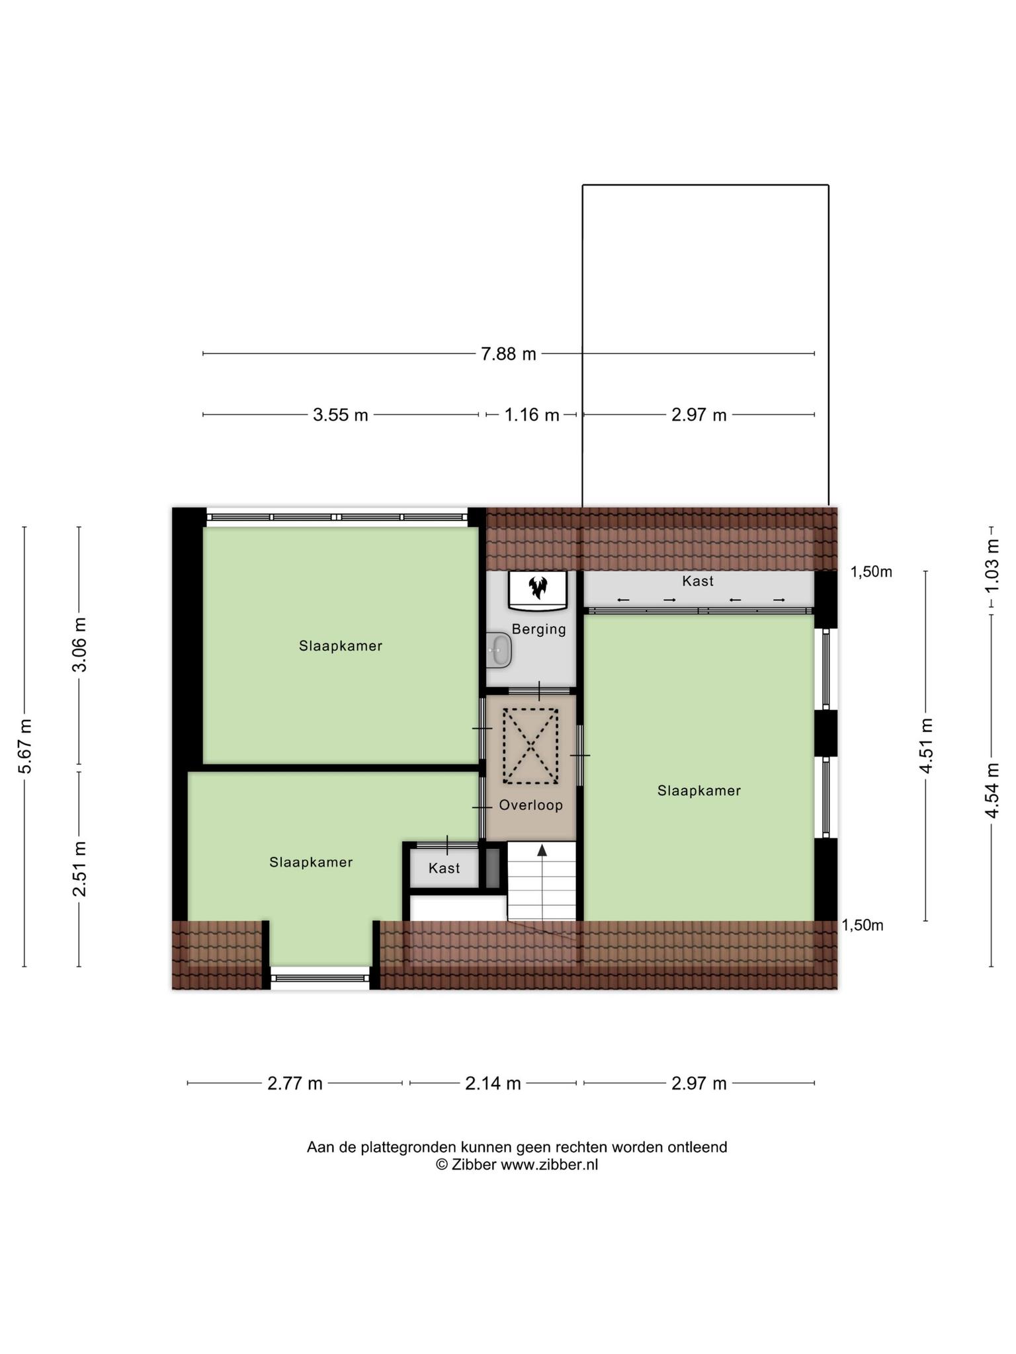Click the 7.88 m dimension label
pyautogui.click(x=508, y=354)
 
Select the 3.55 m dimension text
pyautogui.click(x=340, y=415)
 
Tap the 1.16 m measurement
pyautogui.click(x=532, y=415)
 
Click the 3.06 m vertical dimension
pyautogui.click(x=79, y=645)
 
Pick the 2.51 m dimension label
pyautogui.click(x=79, y=869)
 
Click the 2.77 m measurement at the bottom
pyautogui.click(x=295, y=1084)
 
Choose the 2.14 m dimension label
pyautogui.click(x=493, y=1084)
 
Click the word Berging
pyautogui.click(x=539, y=629)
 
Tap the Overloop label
pyautogui.click(x=531, y=805)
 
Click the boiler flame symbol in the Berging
pyautogui.click(x=538, y=586)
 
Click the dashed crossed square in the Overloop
pyautogui.click(x=530, y=746)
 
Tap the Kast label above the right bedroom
pyautogui.click(x=698, y=581)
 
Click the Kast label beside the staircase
pyautogui.click(x=444, y=868)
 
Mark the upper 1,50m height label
pyautogui.click(x=871, y=572)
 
